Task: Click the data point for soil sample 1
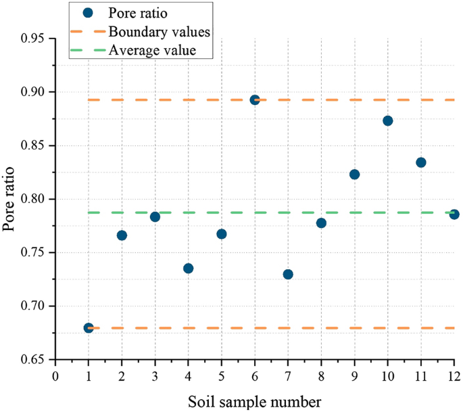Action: point(89,328)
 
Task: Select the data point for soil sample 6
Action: point(255,100)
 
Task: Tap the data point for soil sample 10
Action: point(388,121)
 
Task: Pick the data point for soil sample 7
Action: point(288,275)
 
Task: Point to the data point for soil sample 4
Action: point(189,269)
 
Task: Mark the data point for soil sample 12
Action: point(454,214)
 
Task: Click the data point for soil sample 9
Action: point(355,175)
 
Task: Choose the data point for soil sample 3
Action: point(155,216)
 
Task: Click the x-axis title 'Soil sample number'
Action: point(255,401)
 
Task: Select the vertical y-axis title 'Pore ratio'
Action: point(9,199)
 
